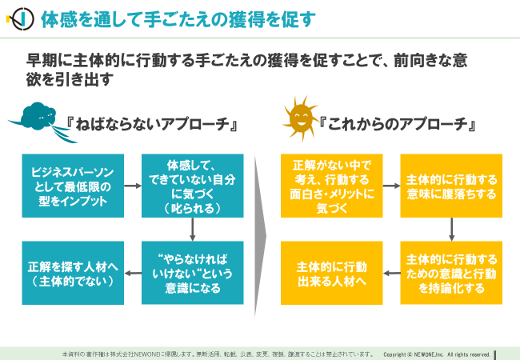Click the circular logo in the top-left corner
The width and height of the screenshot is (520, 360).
21,19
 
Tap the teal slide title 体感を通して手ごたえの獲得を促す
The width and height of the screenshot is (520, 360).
178,19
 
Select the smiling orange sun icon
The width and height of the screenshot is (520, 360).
301,118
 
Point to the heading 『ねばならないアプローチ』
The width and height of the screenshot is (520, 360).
152,124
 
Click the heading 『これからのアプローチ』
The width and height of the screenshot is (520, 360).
398,124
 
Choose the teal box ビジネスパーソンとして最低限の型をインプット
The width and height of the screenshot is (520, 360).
73,186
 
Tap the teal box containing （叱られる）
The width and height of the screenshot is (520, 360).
193,186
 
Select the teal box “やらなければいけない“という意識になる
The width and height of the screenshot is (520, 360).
193,273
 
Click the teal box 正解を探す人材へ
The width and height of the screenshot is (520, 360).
73,273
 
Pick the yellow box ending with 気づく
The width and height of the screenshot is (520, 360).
332,186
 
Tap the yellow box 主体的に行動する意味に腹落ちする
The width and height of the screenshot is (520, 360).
451,186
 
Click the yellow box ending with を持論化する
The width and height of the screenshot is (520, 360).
451,273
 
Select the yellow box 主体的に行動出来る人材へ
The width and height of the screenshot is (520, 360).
332,273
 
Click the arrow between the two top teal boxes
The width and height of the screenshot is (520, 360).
133,186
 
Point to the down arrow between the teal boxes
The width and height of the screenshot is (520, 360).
192,229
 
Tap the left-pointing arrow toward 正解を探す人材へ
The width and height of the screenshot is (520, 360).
133,273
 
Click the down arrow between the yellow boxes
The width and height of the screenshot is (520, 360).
451,229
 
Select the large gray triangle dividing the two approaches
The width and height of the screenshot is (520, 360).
260,236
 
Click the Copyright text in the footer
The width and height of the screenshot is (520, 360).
437,354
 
